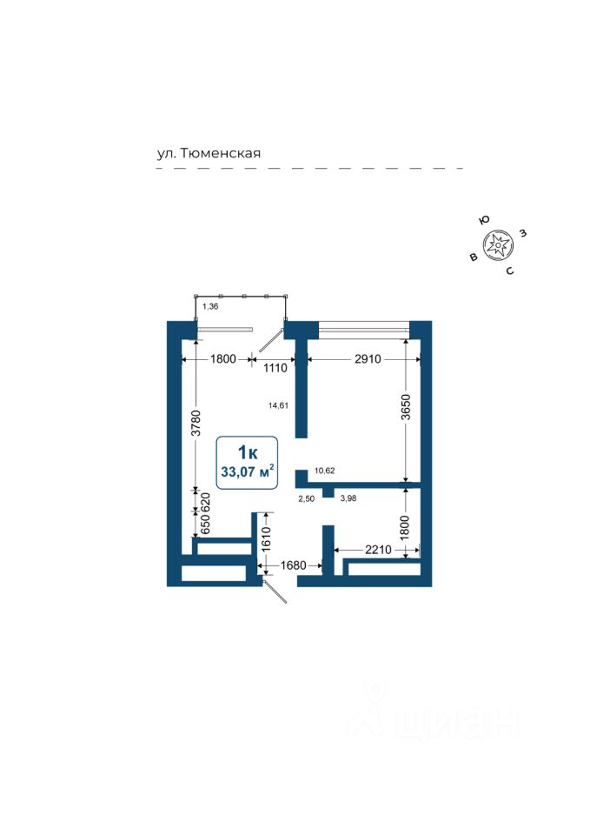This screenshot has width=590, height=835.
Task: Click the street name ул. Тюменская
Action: tap(209, 153)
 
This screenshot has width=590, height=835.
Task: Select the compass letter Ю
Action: tap(484, 221)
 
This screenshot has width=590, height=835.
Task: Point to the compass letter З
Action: tap(523, 233)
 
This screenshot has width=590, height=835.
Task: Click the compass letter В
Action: tap(473, 257)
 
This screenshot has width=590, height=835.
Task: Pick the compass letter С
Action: tap(510, 271)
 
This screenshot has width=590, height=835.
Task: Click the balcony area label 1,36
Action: tap(209, 306)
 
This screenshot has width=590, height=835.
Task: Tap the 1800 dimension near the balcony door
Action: tap(216, 358)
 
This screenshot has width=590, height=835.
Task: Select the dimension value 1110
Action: tap(275, 368)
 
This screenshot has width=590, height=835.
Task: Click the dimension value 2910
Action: tap(356, 358)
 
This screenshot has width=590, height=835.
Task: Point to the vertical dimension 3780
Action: tap(197, 423)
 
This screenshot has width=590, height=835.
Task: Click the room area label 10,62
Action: tap(325, 471)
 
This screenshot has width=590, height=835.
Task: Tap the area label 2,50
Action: tap(306, 498)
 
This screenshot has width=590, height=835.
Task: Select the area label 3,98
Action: tap(347, 498)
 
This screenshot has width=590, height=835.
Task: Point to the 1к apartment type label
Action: tap(248, 452)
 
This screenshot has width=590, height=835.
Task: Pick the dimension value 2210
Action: tap(379, 550)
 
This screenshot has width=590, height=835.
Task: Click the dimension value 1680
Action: tap(293, 566)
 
